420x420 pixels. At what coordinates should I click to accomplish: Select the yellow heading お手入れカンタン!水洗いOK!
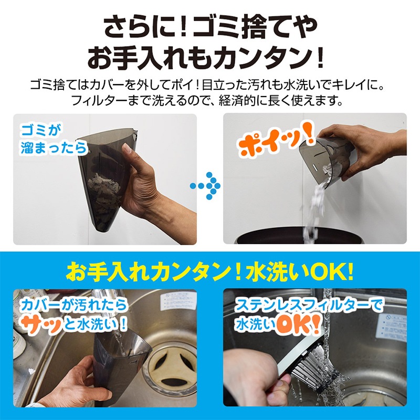[209, 271]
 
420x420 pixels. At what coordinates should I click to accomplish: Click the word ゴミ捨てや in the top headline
[255, 27]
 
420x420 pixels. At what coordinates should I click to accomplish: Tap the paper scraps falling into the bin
[317, 206]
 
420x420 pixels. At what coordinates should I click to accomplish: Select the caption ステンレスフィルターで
[309, 306]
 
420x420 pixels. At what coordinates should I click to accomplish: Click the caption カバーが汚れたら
[74, 305]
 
